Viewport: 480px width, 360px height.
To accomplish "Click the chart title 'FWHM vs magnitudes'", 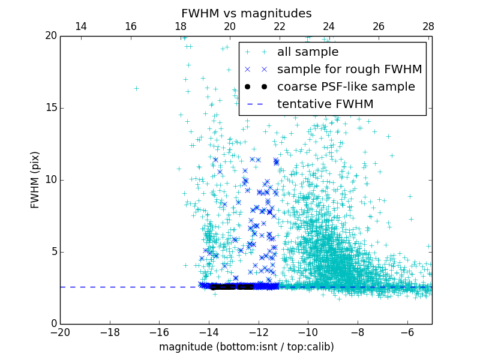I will [246, 13].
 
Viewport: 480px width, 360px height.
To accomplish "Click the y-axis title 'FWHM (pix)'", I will [35, 180].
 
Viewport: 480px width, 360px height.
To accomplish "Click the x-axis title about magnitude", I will [246, 347].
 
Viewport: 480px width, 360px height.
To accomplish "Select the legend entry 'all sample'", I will [307, 52].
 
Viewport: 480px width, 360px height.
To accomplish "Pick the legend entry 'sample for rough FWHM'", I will [349, 70].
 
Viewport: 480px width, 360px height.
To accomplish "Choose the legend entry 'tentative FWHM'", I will [325, 104].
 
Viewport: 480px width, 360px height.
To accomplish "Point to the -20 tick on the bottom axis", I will [60, 332].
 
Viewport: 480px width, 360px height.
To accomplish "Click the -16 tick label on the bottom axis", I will [159, 332].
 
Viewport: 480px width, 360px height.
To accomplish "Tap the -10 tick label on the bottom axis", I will [308, 332].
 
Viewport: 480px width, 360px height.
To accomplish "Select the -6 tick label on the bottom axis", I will [407, 332].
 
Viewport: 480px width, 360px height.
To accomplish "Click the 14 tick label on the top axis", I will [80, 26].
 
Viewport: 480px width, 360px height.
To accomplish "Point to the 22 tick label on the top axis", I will [279, 26].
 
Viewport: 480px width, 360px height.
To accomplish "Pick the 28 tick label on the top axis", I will [428, 26].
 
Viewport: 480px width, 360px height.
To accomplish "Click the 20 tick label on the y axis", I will [50, 36].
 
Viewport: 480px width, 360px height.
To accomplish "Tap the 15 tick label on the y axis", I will [50, 108].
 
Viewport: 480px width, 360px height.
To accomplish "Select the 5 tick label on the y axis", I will [52, 252].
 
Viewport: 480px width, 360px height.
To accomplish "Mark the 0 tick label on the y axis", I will [52, 324].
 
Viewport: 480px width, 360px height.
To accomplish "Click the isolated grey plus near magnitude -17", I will [136, 88].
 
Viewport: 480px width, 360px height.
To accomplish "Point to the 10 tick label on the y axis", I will [50, 180].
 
